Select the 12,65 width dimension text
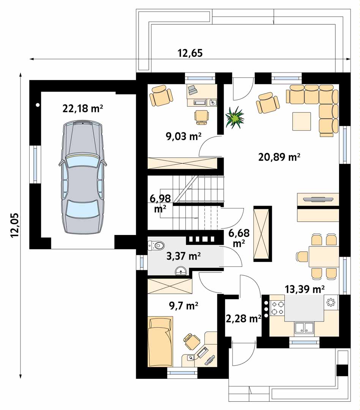click(x=190, y=53)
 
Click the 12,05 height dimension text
click(x=15, y=225)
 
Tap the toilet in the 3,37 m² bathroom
click(x=156, y=245)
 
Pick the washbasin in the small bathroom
click(x=180, y=270)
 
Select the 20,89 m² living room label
click(x=279, y=157)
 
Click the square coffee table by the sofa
click(x=302, y=121)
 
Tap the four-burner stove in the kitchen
click(x=277, y=308)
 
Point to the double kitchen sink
click(x=304, y=328)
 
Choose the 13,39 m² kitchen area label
click(x=305, y=289)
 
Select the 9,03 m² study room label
click(x=184, y=136)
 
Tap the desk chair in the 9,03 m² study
click(x=201, y=116)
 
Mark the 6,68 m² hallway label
click(x=239, y=238)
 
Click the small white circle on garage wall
click(x=38, y=105)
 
